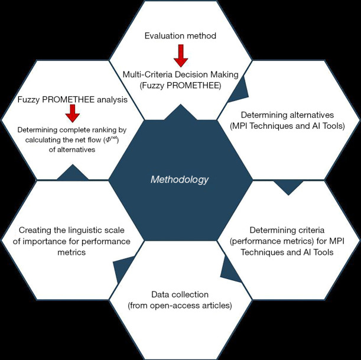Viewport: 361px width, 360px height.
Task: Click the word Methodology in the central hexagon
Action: pos(180,179)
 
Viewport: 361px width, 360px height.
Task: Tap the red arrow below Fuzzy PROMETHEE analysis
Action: pos(73,113)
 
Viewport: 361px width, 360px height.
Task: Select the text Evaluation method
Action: pos(180,36)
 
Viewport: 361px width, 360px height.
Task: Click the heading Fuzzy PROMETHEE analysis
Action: pos(73,100)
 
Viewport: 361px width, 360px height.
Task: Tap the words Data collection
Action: pos(180,294)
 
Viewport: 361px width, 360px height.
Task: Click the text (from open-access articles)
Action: pos(180,305)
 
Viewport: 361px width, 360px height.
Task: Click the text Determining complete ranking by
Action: pos(73,129)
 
